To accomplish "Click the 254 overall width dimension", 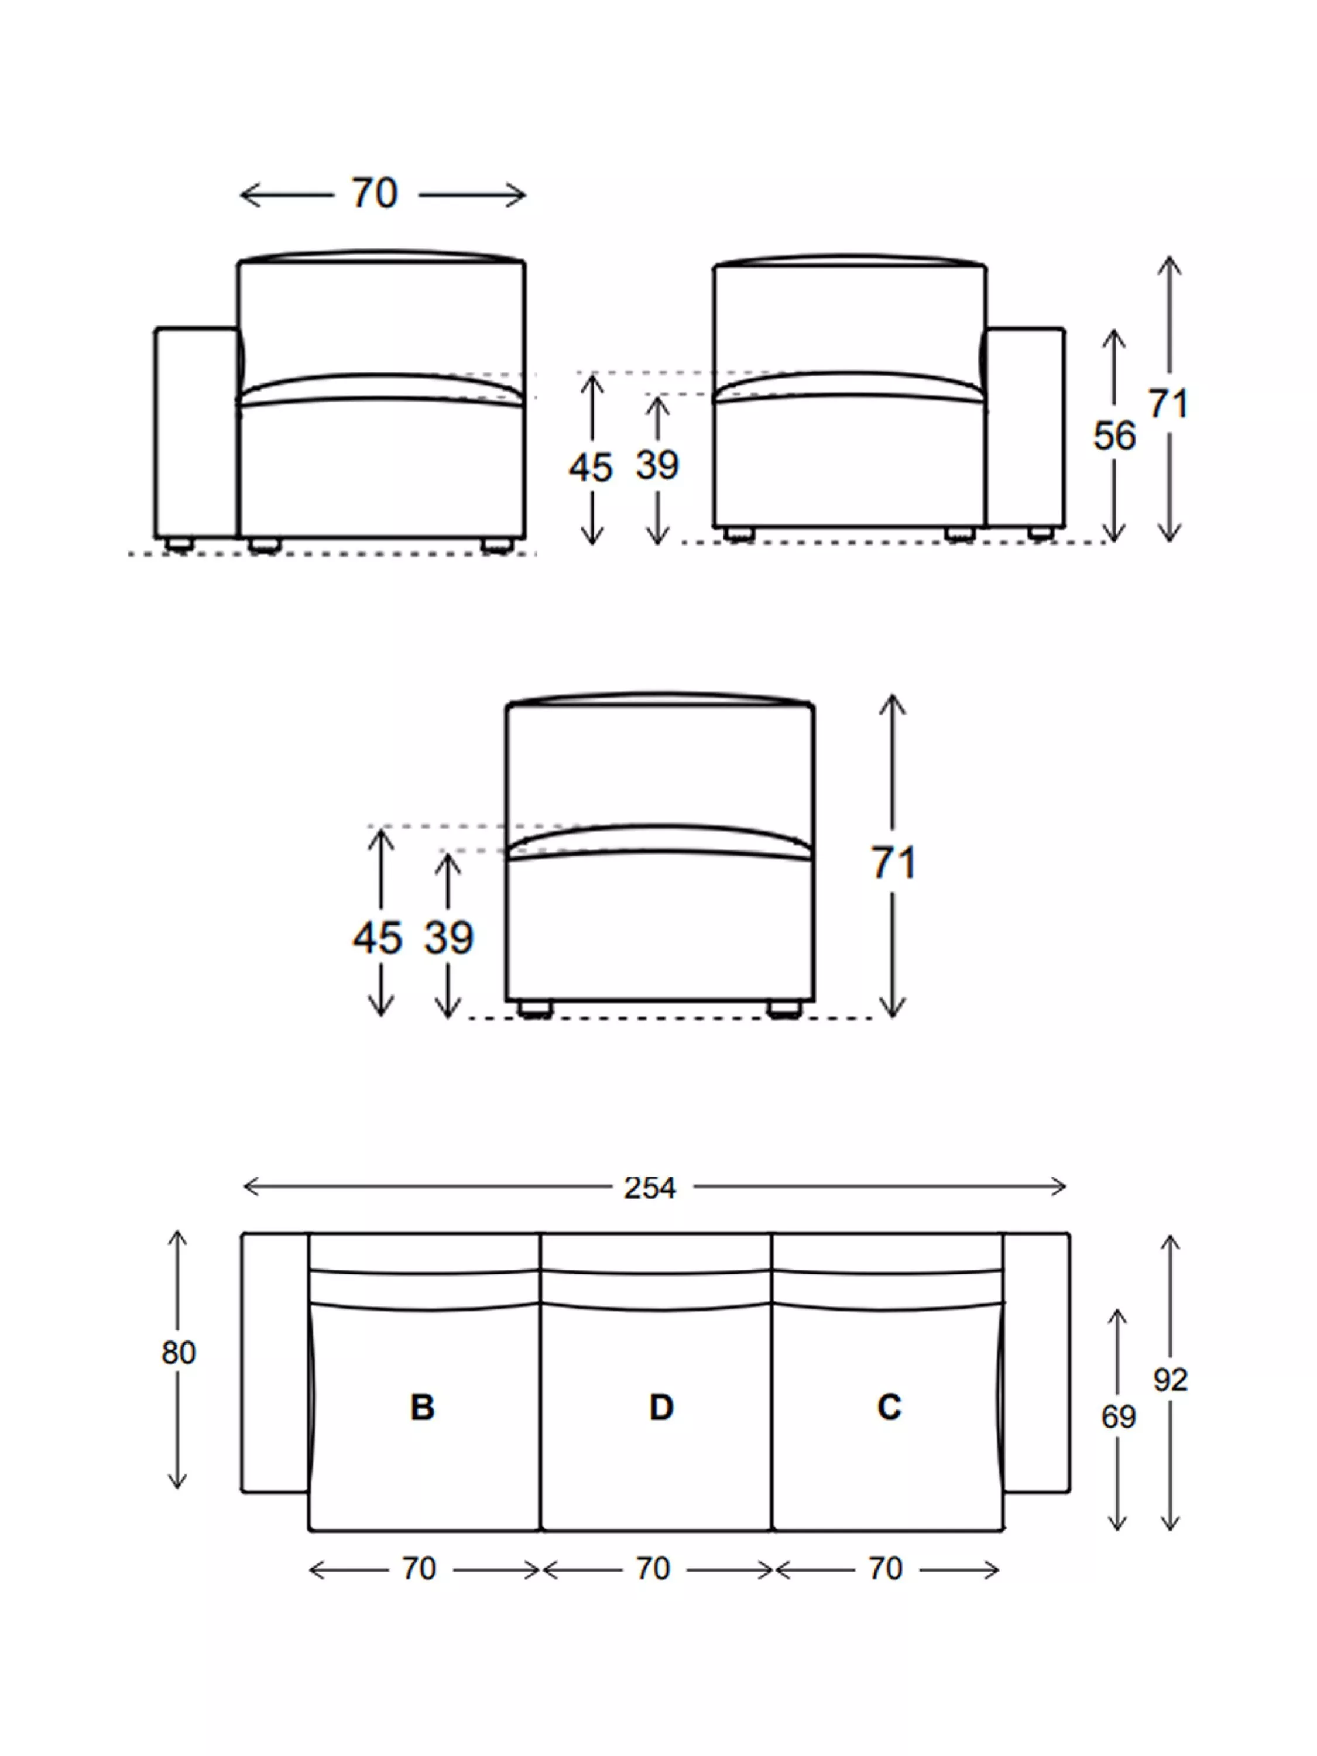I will tap(649, 1188).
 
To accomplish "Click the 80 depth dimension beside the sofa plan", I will tap(178, 1353).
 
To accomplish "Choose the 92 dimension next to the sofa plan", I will tap(1170, 1380).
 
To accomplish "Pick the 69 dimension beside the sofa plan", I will tap(1118, 1417).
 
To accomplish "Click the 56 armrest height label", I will tap(1114, 436).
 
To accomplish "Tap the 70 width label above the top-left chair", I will tap(374, 194).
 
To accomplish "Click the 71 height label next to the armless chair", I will tap(894, 863).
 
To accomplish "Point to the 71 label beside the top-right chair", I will tap(1168, 404).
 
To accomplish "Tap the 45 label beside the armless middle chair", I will tap(378, 938).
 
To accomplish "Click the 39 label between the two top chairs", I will tap(657, 465).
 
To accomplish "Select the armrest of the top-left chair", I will tap(196, 433).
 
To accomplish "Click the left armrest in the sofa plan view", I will tap(275, 1362).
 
